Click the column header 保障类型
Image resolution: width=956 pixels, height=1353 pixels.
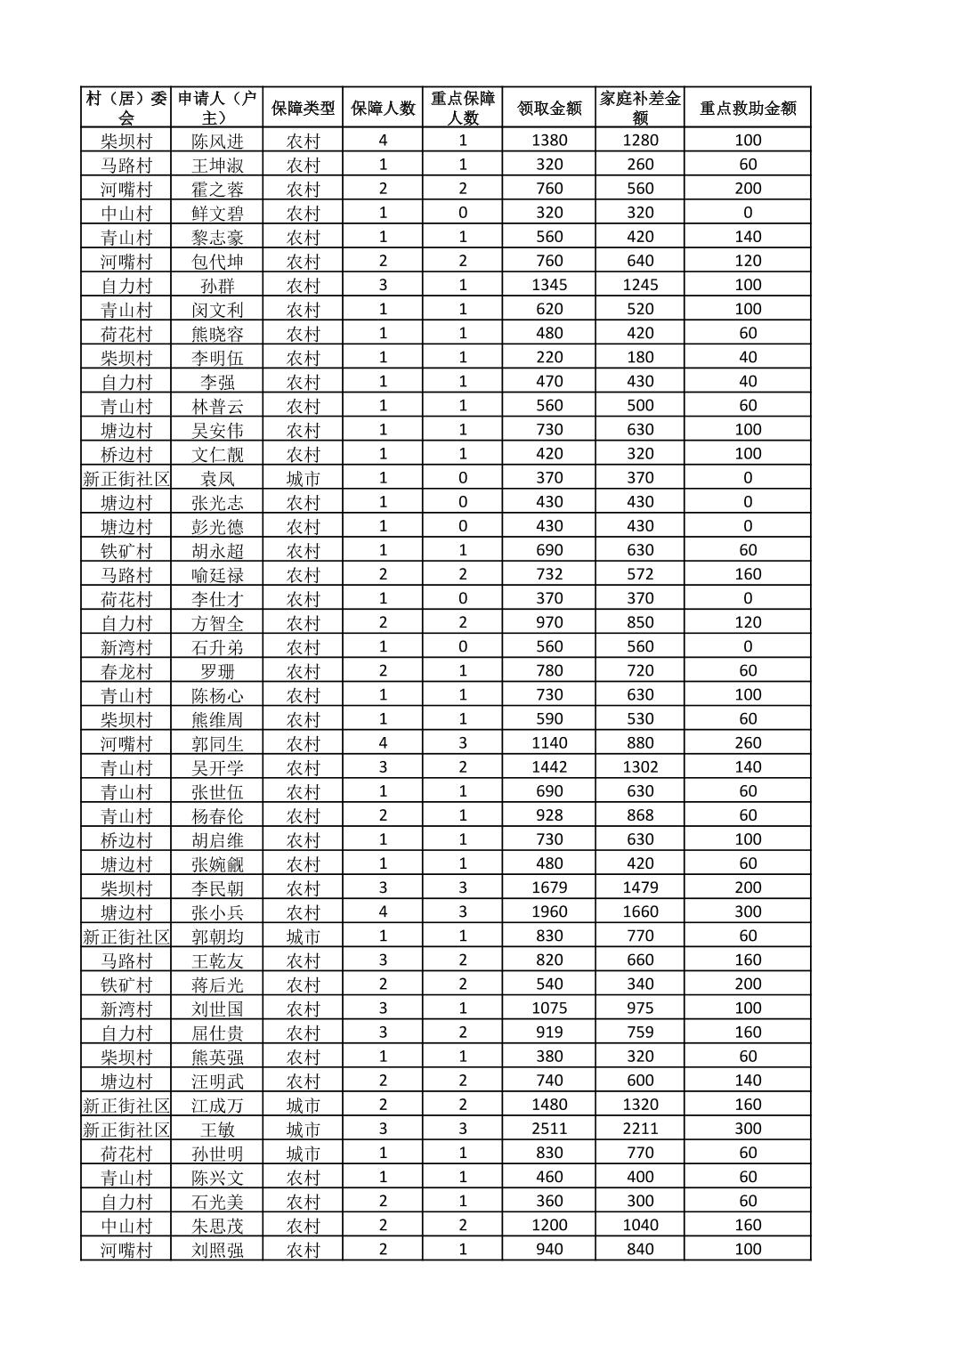click(x=303, y=108)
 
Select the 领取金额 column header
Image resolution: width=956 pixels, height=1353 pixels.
click(x=549, y=108)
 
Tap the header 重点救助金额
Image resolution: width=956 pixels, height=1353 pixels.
click(x=748, y=108)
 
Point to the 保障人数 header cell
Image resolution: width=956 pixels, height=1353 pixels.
click(x=383, y=108)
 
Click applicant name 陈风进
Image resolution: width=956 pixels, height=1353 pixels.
click(x=217, y=141)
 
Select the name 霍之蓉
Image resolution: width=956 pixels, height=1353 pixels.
click(x=217, y=189)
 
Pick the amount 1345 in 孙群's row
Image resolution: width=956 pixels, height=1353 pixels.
click(x=549, y=285)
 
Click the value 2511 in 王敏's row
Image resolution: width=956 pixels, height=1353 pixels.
click(x=549, y=1129)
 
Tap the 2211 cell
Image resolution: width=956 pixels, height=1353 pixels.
click(x=640, y=1129)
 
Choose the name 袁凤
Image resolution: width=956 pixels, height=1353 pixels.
click(x=217, y=478)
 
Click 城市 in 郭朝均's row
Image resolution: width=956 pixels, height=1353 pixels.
click(x=303, y=936)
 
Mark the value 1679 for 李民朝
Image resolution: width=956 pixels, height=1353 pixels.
click(x=549, y=887)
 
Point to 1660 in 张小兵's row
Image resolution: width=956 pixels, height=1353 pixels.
click(x=640, y=911)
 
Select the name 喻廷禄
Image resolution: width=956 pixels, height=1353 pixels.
click(x=217, y=574)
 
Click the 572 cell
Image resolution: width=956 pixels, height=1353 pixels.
click(x=640, y=574)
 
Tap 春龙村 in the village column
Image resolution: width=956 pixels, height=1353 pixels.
click(x=126, y=671)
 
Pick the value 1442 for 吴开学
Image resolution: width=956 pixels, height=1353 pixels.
click(x=549, y=767)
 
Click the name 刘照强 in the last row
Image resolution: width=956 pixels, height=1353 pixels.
click(x=217, y=1249)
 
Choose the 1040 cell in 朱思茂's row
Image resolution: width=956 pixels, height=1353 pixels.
click(x=640, y=1225)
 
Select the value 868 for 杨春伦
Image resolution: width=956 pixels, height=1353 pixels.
click(x=640, y=815)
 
